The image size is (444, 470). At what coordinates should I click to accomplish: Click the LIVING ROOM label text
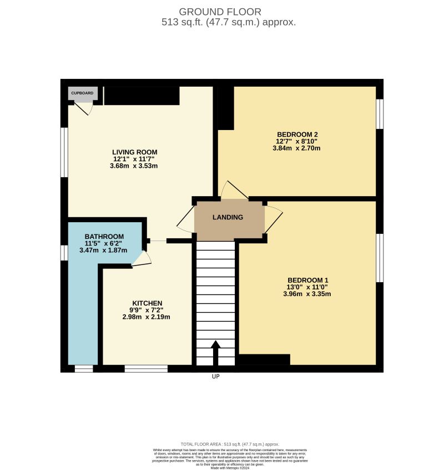coord(135,152)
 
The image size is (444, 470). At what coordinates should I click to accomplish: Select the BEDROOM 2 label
coord(297,134)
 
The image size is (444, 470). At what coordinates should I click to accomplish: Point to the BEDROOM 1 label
coord(308,280)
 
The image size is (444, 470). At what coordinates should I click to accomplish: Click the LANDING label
coord(228,217)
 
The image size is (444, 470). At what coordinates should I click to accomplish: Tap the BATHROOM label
coord(104,236)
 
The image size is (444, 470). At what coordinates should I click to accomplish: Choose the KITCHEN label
coord(147,303)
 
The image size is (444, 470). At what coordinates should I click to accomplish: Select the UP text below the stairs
coord(216,377)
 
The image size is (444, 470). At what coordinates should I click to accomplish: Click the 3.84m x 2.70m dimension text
coord(297,148)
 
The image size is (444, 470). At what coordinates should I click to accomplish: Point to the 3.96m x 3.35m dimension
coord(309,294)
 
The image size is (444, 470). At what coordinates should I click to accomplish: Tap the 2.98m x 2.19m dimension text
coord(147,317)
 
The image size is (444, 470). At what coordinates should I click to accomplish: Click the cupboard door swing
coord(84,109)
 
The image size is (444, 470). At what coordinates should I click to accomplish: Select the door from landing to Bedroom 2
coord(233,191)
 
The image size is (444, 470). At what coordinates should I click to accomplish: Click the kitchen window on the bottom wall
coord(146,368)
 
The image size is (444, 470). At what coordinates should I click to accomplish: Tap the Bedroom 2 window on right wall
coord(380,114)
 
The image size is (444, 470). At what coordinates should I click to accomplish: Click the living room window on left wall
coord(64,153)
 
